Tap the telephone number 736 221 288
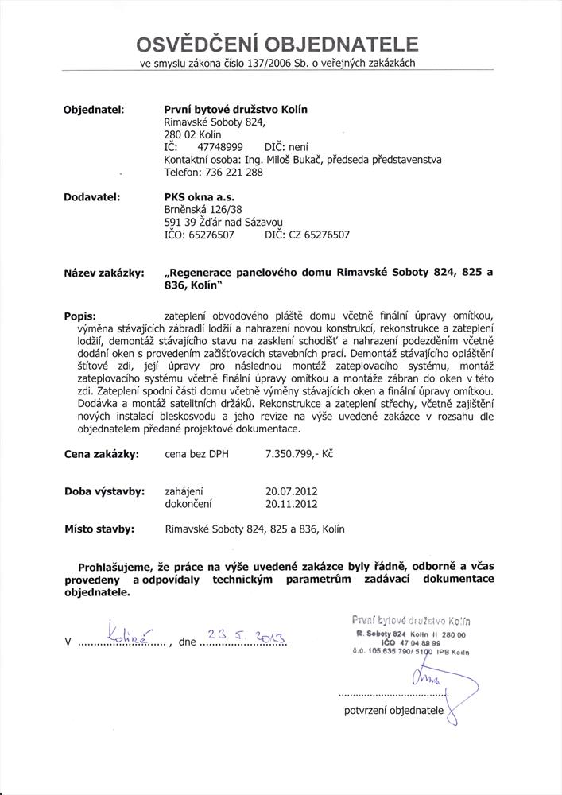pyautogui.click(x=234, y=172)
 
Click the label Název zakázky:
pyautogui.click(x=103, y=273)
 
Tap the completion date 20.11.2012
pyautogui.click(x=292, y=504)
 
